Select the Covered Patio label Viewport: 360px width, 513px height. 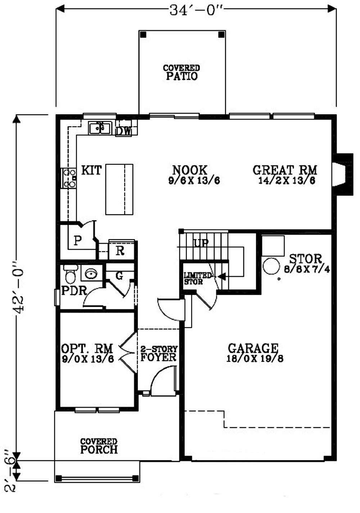[181, 73]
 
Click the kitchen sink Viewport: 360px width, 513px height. [100, 128]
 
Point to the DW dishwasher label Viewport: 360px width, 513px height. [123, 131]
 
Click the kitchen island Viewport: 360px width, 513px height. [119, 189]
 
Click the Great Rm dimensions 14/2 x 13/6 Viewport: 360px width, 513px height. [287, 181]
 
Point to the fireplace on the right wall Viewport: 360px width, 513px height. [342, 174]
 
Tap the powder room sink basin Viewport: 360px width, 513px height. [91, 273]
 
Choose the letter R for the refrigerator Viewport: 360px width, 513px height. [120, 251]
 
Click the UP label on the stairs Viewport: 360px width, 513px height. [201, 243]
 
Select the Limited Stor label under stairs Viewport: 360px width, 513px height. [197, 278]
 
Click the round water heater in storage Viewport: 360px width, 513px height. [271, 266]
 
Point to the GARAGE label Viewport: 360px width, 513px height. [253, 348]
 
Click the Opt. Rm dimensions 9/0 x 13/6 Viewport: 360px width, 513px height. [88, 359]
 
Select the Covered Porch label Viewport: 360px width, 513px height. [99, 446]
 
